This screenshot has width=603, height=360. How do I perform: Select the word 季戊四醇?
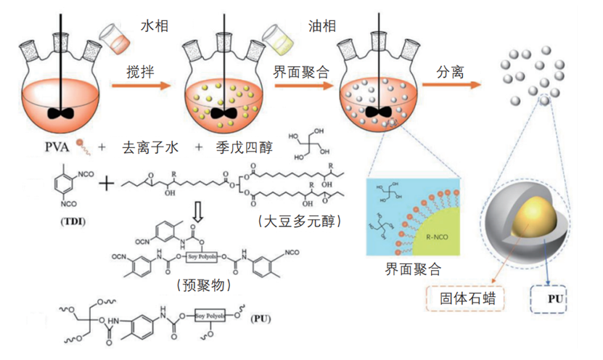[244, 148]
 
